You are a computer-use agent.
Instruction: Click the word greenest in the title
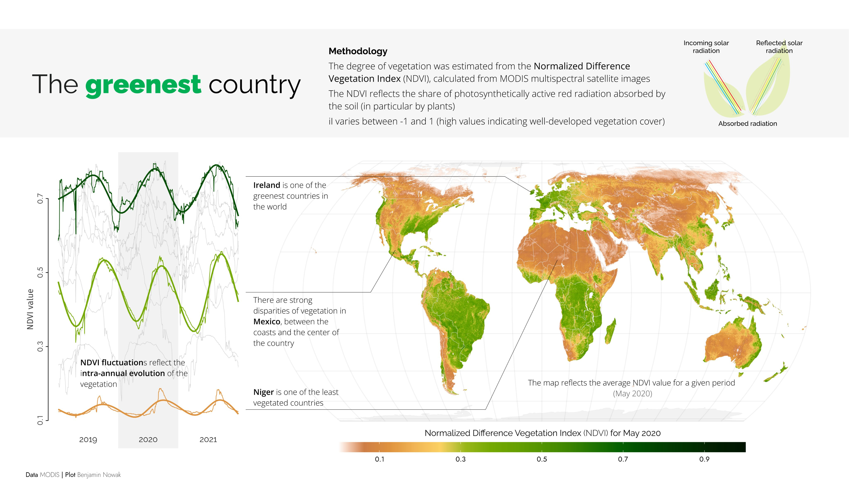(x=143, y=85)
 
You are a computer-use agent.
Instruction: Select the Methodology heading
(x=358, y=51)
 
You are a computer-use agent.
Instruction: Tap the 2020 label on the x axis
(x=148, y=440)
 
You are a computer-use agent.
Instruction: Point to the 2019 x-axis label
(x=88, y=440)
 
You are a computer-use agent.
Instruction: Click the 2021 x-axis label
(x=208, y=440)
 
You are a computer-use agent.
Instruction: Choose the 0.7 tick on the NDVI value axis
(x=40, y=198)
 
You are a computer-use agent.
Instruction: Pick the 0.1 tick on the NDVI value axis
(x=40, y=420)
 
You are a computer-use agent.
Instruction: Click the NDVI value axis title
(x=30, y=309)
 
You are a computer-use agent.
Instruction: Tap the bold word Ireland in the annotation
(x=267, y=185)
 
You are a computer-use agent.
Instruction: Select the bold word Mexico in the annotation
(x=267, y=322)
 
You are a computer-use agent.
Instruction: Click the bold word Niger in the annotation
(x=263, y=392)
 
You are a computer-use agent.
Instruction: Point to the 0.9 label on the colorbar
(x=704, y=459)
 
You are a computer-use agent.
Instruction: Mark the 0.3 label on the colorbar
(x=461, y=459)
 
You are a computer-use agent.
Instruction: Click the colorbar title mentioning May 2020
(x=542, y=433)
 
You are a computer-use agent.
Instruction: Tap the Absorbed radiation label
(x=748, y=124)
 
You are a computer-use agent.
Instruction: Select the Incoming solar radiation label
(x=706, y=47)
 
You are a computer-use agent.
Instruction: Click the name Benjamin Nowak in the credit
(x=99, y=475)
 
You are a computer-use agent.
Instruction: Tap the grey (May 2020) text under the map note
(x=632, y=394)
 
